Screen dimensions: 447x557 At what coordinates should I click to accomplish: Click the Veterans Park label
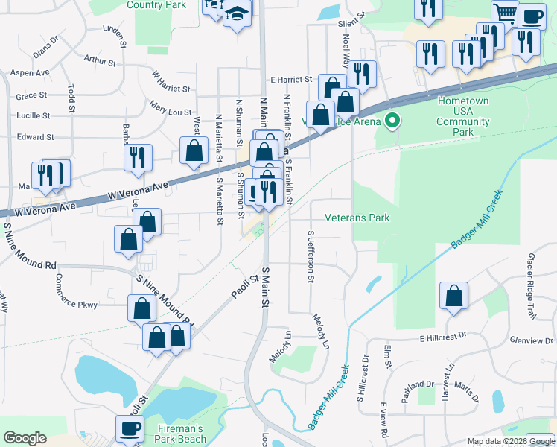(x=357, y=218)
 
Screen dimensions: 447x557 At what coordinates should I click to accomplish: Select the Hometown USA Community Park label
(x=463, y=116)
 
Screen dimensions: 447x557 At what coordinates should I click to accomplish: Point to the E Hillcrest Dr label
(x=443, y=337)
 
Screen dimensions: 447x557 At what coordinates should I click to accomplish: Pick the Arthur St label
(x=100, y=60)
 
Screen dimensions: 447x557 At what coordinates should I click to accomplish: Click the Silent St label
(x=352, y=19)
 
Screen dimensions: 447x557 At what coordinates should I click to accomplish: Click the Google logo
(x=25, y=438)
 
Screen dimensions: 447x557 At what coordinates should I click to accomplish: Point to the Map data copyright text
(x=511, y=441)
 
